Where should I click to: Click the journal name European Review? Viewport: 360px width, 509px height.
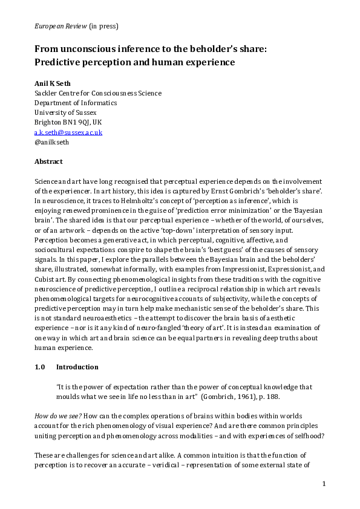(x=57, y=26)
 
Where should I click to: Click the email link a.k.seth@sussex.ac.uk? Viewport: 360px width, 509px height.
(x=68, y=132)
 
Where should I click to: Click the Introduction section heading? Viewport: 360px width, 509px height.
(x=77, y=367)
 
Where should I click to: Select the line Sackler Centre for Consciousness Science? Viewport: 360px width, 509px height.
(x=97, y=93)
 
